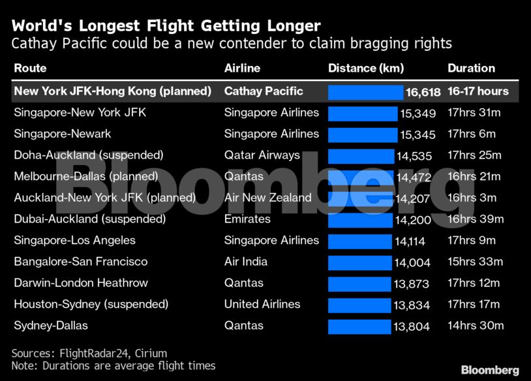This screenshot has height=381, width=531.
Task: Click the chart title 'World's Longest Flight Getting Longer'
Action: coord(166,26)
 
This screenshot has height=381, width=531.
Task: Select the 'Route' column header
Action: coord(30,68)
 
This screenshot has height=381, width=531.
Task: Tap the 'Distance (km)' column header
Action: coord(365,68)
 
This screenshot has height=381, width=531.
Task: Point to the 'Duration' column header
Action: coord(471,68)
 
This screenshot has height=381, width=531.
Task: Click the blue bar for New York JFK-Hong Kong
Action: coord(365,92)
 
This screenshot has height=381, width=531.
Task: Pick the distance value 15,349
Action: coord(417,114)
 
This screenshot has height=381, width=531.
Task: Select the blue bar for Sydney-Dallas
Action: coord(359,326)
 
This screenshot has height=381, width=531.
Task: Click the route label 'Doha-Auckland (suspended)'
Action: coord(88,155)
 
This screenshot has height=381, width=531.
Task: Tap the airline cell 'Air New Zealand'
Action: coord(268,198)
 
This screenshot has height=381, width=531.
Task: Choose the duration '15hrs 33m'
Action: coord(475,262)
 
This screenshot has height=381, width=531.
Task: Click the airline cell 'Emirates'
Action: coord(247,219)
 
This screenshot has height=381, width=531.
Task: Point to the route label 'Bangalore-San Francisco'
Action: coord(81,262)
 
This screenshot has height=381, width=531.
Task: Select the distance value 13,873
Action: coord(412,284)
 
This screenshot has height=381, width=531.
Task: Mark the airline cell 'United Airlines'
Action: coord(262,304)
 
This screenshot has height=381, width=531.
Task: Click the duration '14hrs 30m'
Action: coord(475,326)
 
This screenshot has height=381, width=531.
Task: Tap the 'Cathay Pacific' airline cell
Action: coord(264,91)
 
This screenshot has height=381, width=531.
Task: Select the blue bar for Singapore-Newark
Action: coord(362,134)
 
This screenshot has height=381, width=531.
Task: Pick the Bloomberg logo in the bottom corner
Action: coord(490,370)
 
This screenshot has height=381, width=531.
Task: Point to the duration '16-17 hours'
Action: coord(478,91)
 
